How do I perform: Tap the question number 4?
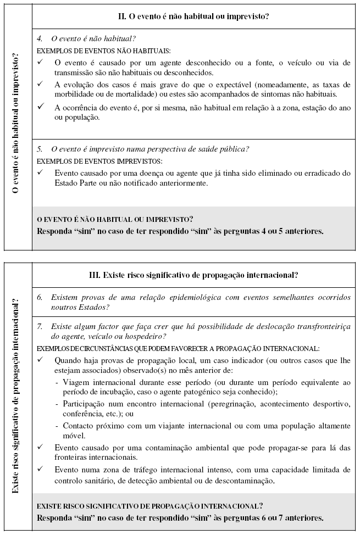click(x=40, y=39)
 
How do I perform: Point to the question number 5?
click(x=40, y=149)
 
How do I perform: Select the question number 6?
click(x=40, y=297)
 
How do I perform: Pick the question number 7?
click(x=40, y=326)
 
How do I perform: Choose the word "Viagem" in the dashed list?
click(x=75, y=382)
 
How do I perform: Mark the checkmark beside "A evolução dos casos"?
click(x=41, y=84)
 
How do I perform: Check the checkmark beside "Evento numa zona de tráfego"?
click(x=41, y=470)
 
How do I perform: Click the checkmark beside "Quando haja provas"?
click(x=41, y=360)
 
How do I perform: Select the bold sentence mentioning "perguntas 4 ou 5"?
click(x=180, y=231)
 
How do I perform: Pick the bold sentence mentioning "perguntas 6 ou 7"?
click(x=180, y=517)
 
